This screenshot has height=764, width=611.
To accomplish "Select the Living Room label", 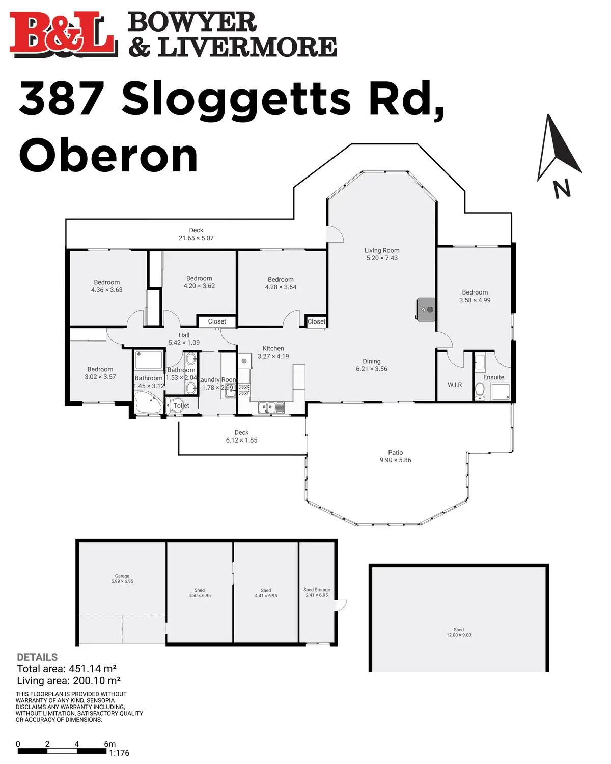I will [382, 250].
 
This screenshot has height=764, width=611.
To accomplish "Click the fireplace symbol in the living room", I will [426, 309].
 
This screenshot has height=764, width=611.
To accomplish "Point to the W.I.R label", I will [455, 385].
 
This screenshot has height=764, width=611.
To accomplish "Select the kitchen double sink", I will [271, 406].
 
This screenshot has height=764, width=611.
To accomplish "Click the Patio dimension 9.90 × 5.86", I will [395, 460].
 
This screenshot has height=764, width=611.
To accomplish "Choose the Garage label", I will [122, 576].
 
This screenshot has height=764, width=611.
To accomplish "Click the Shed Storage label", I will [316, 590].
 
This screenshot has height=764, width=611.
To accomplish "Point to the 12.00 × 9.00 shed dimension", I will [459, 635].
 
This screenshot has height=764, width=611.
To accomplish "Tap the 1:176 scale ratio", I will [119, 753].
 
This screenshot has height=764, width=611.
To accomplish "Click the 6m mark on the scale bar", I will [109, 744].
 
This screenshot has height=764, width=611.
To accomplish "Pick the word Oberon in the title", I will [108, 156].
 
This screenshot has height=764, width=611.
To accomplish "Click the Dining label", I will [372, 361].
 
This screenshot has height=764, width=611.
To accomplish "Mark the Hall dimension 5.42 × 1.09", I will [184, 343].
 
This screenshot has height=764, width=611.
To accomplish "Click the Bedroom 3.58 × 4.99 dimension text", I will [475, 300].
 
